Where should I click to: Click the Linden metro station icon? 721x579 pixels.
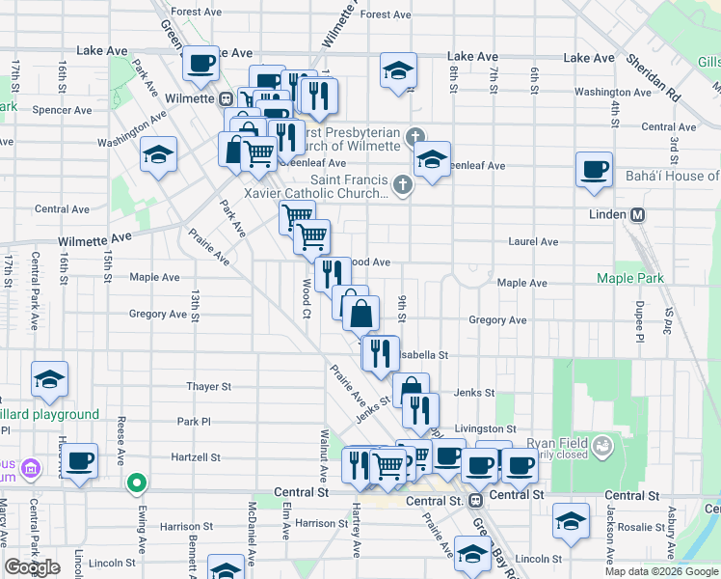pyautogui.click(x=636, y=214)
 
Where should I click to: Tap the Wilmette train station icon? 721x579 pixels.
pyautogui.click(x=225, y=98)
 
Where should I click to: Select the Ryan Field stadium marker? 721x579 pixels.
pyautogui.click(x=603, y=445)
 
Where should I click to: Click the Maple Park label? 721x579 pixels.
pyautogui.click(x=630, y=279)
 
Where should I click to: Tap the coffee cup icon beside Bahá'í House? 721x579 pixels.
pyautogui.click(x=594, y=170)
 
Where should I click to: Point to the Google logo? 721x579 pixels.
pyautogui.click(x=33, y=567)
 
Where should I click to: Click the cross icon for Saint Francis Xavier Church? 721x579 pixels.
pyautogui.click(x=403, y=182)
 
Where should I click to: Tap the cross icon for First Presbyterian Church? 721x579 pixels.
pyautogui.click(x=415, y=136)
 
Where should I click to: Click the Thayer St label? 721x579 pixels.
pyautogui.click(x=209, y=386)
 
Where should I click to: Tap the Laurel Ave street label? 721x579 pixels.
pyautogui.click(x=533, y=241)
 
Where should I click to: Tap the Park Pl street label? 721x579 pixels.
pyautogui.click(x=193, y=422)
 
